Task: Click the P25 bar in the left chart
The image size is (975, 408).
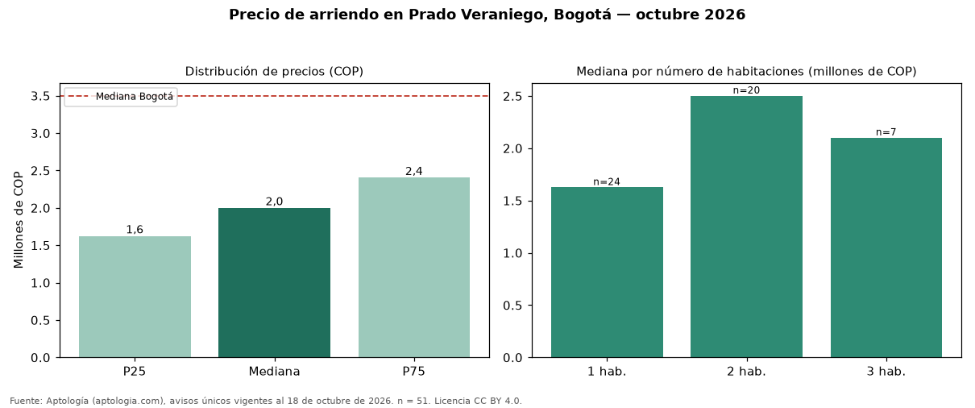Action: tap(135, 297)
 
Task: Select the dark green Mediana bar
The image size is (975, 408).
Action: tap(274, 282)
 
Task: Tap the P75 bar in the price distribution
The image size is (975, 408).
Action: tap(414, 268)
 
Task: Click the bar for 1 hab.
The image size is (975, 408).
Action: tap(607, 273)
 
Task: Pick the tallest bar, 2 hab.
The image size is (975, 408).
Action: tap(746, 227)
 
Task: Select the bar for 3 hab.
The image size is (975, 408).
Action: tap(886, 248)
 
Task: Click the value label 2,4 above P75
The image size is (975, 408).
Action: tap(414, 171)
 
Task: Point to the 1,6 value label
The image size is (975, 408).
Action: tap(135, 230)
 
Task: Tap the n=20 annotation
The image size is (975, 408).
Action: tap(746, 90)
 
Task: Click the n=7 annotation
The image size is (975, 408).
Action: tap(886, 132)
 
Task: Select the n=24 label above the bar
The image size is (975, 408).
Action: tap(607, 181)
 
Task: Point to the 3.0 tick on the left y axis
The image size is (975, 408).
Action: tap(40, 133)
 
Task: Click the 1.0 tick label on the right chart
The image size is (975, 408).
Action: tap(512, 253)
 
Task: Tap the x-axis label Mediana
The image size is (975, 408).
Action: tap(274, 372)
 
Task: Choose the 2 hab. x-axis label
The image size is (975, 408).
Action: tap(746, 372)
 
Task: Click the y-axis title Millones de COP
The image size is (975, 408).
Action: tap(19, 220)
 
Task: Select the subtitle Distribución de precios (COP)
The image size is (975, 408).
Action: tap(274, 72)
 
